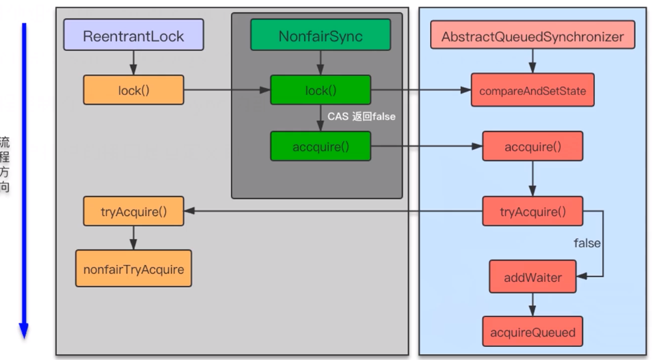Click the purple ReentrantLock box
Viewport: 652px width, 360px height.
[133, 35]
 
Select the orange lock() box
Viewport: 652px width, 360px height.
[133, 90]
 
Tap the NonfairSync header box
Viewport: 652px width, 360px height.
[320, 35]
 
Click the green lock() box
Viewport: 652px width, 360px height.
[320, 90]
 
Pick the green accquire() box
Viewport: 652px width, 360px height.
[320, 146]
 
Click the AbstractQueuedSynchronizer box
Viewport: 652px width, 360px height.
[532, 35]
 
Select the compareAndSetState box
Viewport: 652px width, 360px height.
[532, 90]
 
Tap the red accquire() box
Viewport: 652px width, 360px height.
[532, 146]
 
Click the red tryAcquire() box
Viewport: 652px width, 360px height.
[532, 211]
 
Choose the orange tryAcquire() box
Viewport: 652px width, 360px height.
[133, 211]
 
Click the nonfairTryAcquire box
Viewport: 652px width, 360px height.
[133, 268]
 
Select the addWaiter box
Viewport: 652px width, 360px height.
[532, 277]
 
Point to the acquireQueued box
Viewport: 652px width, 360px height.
[532, 332]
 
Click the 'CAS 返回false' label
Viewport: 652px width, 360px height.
[361, 117]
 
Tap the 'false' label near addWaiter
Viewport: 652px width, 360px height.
[586, 243]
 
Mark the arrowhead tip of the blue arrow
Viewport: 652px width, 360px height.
[24, 337]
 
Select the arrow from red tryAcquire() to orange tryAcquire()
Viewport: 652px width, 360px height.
[332, 211]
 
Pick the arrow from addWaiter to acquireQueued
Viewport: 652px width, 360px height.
[532, 305]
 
